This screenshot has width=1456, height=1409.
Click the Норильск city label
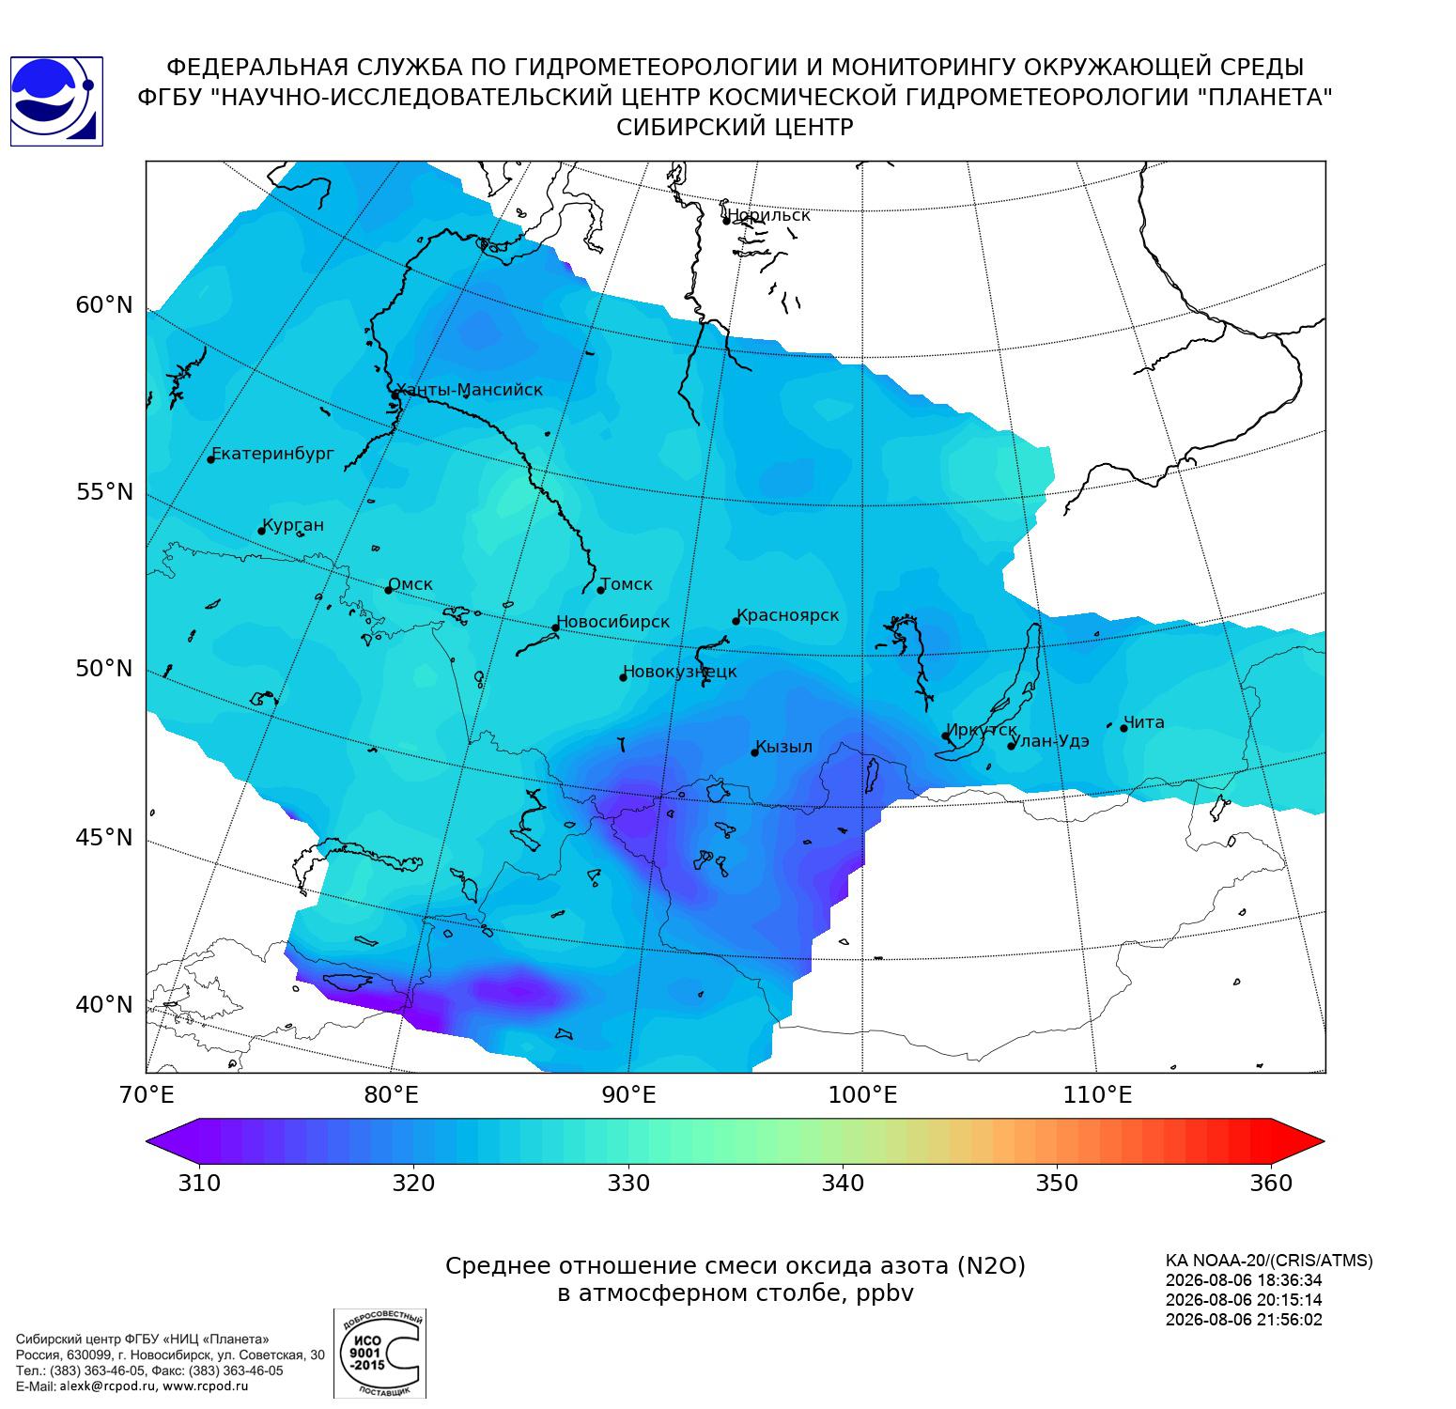tap(768, 215)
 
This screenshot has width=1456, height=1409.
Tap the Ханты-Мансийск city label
tap(470, 390)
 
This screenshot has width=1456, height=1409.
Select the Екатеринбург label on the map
tap(273, 455)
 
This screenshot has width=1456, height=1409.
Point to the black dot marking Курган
tap(262, 531)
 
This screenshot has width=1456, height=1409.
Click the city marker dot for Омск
tap(388, 590)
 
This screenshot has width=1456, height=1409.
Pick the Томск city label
tap(627, 584)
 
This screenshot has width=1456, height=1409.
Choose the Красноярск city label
tap(788, 616)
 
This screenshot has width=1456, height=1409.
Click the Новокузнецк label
tap(680, 672)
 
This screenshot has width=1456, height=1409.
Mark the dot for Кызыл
tap(754, 752)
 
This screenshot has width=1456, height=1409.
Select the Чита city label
tap(1144, 722)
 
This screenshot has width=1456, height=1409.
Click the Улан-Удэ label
tap(1051, 741)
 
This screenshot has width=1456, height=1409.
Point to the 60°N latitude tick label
tap(104, 305)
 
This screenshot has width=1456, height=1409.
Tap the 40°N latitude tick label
tap(104, 1005)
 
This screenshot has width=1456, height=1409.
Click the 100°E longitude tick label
tap(862, 1095)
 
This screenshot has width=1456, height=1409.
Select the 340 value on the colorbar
tap(843, 1183)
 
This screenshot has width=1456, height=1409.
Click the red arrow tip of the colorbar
tap(1324, 1142)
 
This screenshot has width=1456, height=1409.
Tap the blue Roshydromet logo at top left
tap(56, 101)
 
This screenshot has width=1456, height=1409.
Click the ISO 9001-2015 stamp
tap(379, 1354)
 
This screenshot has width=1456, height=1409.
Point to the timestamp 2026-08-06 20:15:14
tap(1244, 1300)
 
